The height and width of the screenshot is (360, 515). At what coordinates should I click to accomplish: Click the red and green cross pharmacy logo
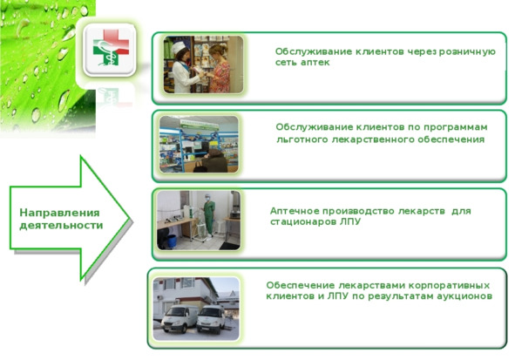coord(111,47)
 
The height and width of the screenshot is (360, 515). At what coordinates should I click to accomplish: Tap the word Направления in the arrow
coord(59,213)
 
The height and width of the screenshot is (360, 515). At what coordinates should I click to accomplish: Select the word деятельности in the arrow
coord(61,226)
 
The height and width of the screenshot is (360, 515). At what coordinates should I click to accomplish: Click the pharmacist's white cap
coord(179,48)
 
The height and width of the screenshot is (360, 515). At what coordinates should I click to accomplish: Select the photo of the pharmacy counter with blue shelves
coord(199,144)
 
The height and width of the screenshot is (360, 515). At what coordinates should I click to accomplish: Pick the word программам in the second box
coord(455,127)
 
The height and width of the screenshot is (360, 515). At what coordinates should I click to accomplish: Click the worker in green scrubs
coord(208,215)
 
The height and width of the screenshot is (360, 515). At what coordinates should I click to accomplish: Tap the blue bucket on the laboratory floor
coord(172,241)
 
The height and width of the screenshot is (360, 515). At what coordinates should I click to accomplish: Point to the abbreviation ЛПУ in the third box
coord(351,221)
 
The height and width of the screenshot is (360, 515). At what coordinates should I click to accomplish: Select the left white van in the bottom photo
coord(180,319)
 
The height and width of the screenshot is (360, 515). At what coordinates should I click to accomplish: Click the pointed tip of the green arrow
coord(129,217)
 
